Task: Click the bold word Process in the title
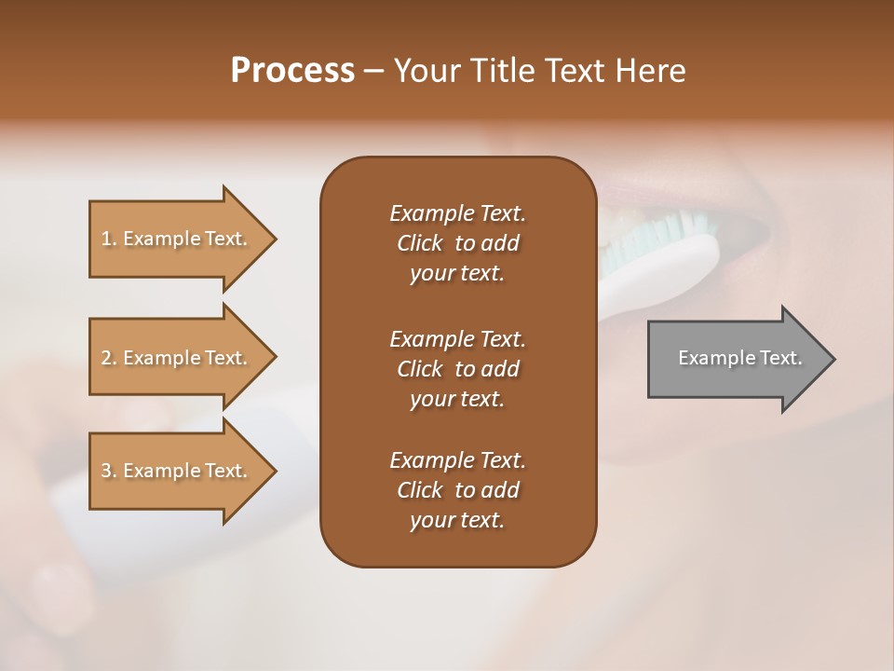coord(292,71)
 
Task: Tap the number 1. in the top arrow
coord(109,239)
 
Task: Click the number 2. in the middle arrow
coord(109,358)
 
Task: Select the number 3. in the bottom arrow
coord(109,471)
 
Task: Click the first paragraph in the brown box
coord(457,243)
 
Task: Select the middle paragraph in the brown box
coord(457,368)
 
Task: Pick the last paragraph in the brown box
coord(457,490)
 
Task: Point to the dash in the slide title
coord(374,71)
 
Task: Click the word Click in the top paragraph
coord(420,243)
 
